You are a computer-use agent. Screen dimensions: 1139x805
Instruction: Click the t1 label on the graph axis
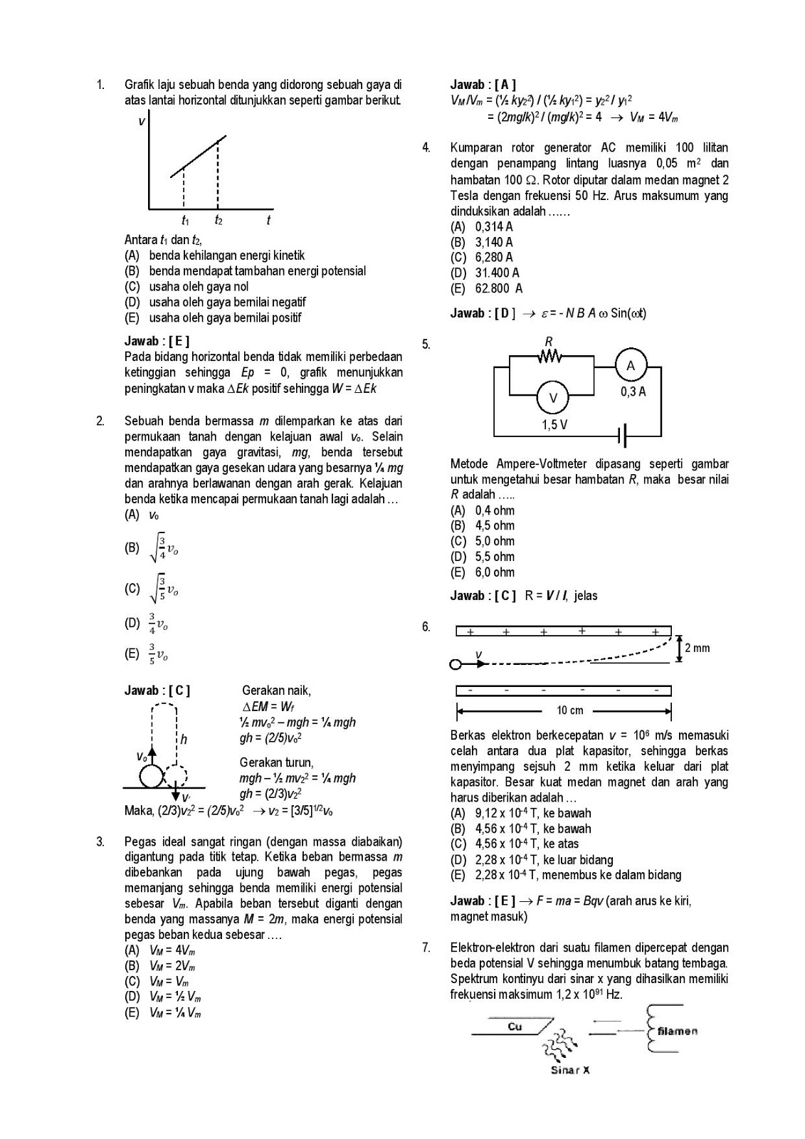(x=185, y=221)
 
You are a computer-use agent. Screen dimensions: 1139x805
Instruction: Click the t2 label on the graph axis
(x=219, y=221)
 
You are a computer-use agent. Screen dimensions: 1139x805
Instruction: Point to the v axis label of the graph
(x=142, y=122)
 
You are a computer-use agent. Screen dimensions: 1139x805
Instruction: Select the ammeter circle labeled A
(x=631, y=367)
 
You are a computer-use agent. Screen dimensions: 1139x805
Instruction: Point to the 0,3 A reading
(x=633, y=392)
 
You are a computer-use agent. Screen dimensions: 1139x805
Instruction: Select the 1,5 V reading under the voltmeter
(x=554, y=425)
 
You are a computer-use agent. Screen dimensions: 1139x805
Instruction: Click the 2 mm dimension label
(x=697, y=648)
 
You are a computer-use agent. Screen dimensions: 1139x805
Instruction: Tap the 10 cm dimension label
(x=570, y=710)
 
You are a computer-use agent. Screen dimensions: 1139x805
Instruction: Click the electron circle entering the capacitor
(x=456, y=664)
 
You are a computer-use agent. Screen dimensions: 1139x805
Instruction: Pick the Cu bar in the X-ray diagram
(x=513, y=1027)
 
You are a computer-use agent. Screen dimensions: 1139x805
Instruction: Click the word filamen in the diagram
(x=677, y=1030)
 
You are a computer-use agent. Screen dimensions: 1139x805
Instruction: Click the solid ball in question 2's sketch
(x=151, y=775)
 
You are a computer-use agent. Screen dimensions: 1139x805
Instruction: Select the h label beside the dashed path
(x=184, y=740)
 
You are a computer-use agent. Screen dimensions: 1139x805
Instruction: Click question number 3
(x=100, y=841)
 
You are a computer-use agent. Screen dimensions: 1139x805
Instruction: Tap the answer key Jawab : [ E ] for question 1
(x=157, y=341)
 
